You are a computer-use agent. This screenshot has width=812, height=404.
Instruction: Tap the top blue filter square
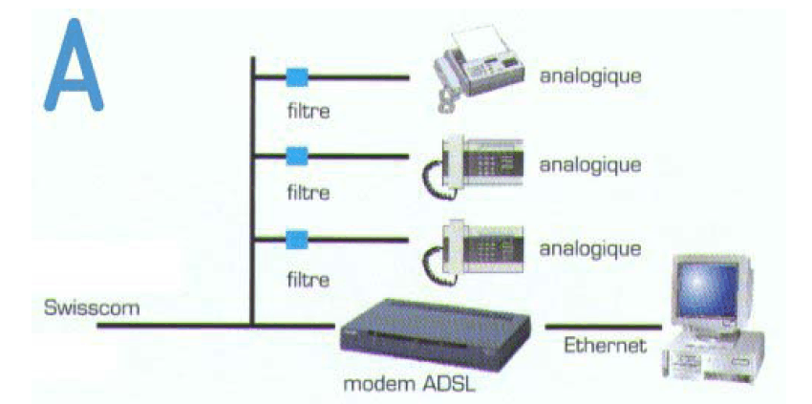tap(297, 76)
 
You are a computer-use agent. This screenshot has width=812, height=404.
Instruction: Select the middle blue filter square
tap(297, 157)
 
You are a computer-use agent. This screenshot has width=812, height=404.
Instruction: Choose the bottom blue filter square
tap(297, 239)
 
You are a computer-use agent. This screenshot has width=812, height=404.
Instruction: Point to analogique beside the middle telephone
tap(590, 163)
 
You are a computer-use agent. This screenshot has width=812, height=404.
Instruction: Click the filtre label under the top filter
tap(309, 111)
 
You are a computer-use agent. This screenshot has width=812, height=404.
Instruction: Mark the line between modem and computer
tap(593, 327)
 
